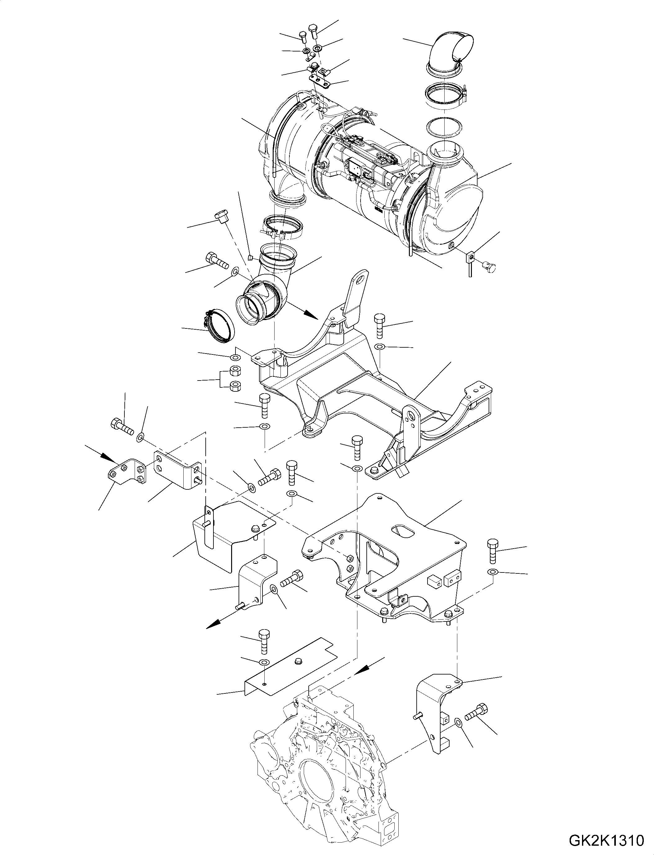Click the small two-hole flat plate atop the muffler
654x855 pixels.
point(320,81)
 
